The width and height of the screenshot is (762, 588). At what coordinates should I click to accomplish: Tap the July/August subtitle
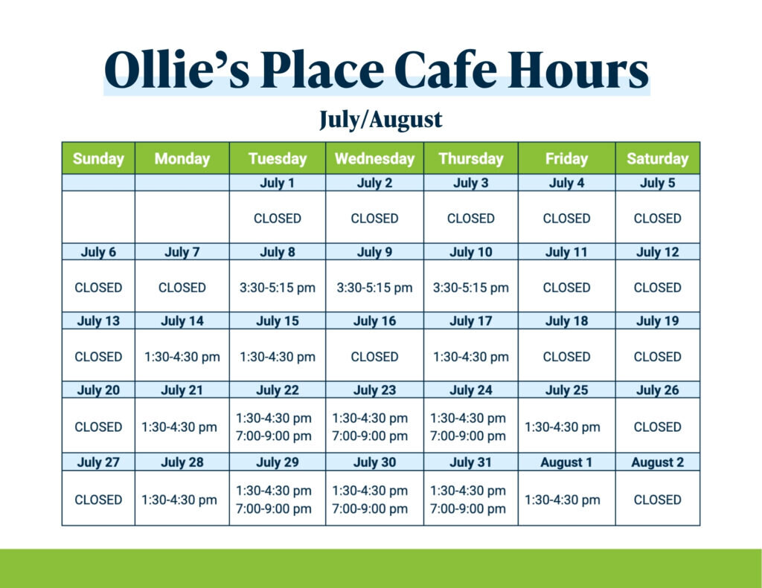click(380, 120)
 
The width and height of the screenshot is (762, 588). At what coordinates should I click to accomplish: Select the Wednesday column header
click(374, 159)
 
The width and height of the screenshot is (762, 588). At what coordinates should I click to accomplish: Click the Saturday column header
click(658, 159)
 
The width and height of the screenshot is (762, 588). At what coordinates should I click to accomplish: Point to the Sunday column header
click(98, 159)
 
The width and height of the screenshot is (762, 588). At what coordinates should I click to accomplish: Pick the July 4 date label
click(566, 183)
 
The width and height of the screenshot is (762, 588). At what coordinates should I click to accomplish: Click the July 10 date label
click(470, 252)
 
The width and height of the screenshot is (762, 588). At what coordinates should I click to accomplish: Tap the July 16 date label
click(374, 321)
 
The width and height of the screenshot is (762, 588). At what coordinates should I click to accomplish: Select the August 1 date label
click(566, 462)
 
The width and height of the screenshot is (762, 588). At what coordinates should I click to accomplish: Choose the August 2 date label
click(658, 462)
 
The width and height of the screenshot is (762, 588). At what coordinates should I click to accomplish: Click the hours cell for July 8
click(277, 288)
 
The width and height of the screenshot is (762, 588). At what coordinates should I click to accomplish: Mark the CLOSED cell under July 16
click(374, 357)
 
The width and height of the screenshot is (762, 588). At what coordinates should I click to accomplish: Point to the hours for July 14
click(182, 358)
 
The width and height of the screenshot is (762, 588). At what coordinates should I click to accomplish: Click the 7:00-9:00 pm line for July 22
click(274, 436)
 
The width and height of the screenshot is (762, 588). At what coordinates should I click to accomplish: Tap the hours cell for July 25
click(563, 427)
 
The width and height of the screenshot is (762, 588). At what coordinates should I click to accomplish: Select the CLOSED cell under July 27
click(98, 500)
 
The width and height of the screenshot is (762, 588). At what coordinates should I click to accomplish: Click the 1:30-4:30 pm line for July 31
click(467, 491)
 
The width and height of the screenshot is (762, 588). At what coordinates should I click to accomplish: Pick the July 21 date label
click(182, 390)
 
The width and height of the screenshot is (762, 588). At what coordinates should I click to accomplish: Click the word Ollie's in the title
click(177, 70)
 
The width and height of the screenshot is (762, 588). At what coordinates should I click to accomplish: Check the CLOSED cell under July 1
click(277, 219)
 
